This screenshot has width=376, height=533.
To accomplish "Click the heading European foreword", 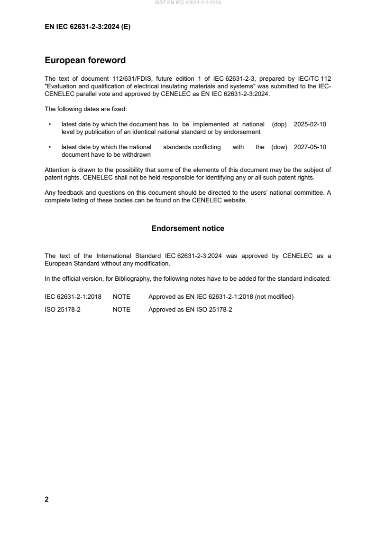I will click(85, 60).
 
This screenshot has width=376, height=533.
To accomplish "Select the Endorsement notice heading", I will click(188, 228).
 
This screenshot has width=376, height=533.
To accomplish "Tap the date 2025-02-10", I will click(310, 124).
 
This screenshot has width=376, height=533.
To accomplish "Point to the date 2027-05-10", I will click(310, 147).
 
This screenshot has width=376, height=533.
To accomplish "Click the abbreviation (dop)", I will click(280, 124).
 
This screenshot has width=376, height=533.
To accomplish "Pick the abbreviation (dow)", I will click(279, 147).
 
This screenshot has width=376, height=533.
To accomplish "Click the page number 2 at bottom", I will click(46, 499).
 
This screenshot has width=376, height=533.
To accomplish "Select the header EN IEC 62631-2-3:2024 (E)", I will click(87, 27).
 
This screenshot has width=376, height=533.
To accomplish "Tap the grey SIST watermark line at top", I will click(188, 3).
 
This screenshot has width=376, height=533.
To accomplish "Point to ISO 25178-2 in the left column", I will click(63, 310).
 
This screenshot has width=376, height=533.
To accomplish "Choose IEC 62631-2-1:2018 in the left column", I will click(73, 297).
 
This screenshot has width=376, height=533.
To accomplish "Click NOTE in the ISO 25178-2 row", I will click(121, 310).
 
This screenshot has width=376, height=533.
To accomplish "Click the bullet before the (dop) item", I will click(50, 124).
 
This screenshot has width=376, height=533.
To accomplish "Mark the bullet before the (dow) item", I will click(50, 147).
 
